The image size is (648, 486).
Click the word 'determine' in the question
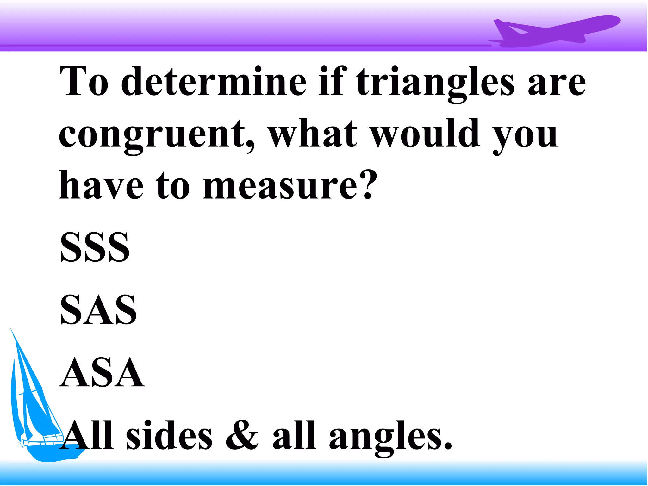pos(214,82)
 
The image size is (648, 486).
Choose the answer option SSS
pos(95,247)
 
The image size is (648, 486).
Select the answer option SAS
pos(98,309)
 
